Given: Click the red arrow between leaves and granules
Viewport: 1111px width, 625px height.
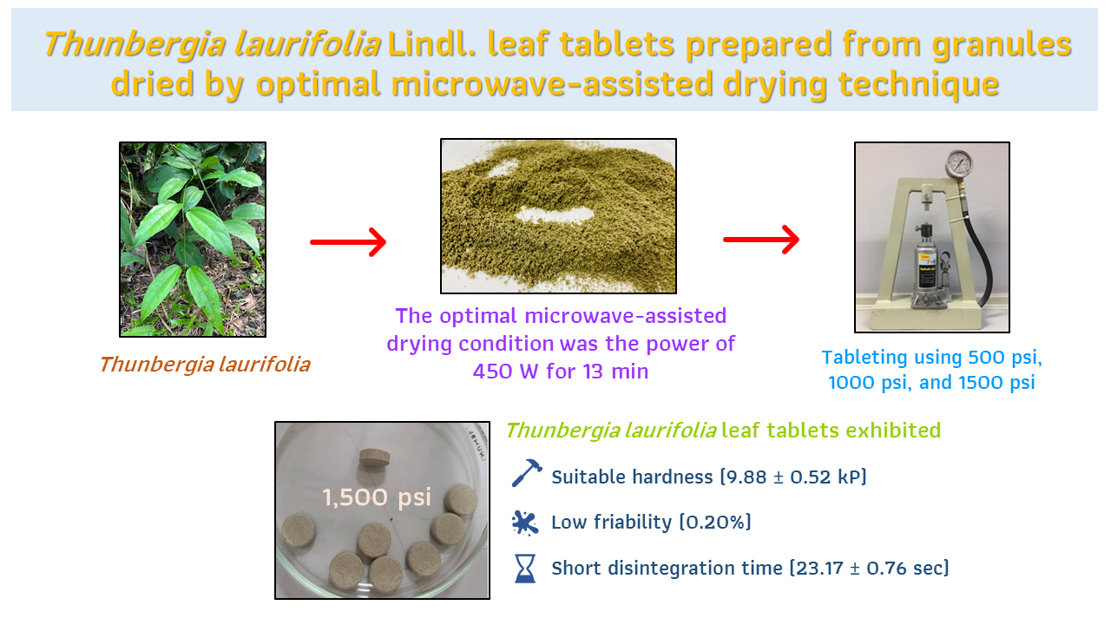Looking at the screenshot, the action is point(348,242).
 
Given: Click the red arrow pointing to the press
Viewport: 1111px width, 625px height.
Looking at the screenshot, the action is point(761,240).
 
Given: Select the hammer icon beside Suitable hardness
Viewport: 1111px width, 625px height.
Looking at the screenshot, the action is point(527,473).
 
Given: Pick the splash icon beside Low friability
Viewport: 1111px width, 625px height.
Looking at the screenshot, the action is point(525,523).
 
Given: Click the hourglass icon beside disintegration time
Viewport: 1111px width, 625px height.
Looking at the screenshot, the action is point(525,569).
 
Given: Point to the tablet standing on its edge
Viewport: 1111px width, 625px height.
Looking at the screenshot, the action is point(374,457).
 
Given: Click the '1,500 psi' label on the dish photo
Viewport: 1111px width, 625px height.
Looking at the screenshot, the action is point(377,497).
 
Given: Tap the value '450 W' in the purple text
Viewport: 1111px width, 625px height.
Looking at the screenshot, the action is point(505,371).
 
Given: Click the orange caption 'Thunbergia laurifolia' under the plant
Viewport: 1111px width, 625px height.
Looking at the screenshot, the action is point(205,365).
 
